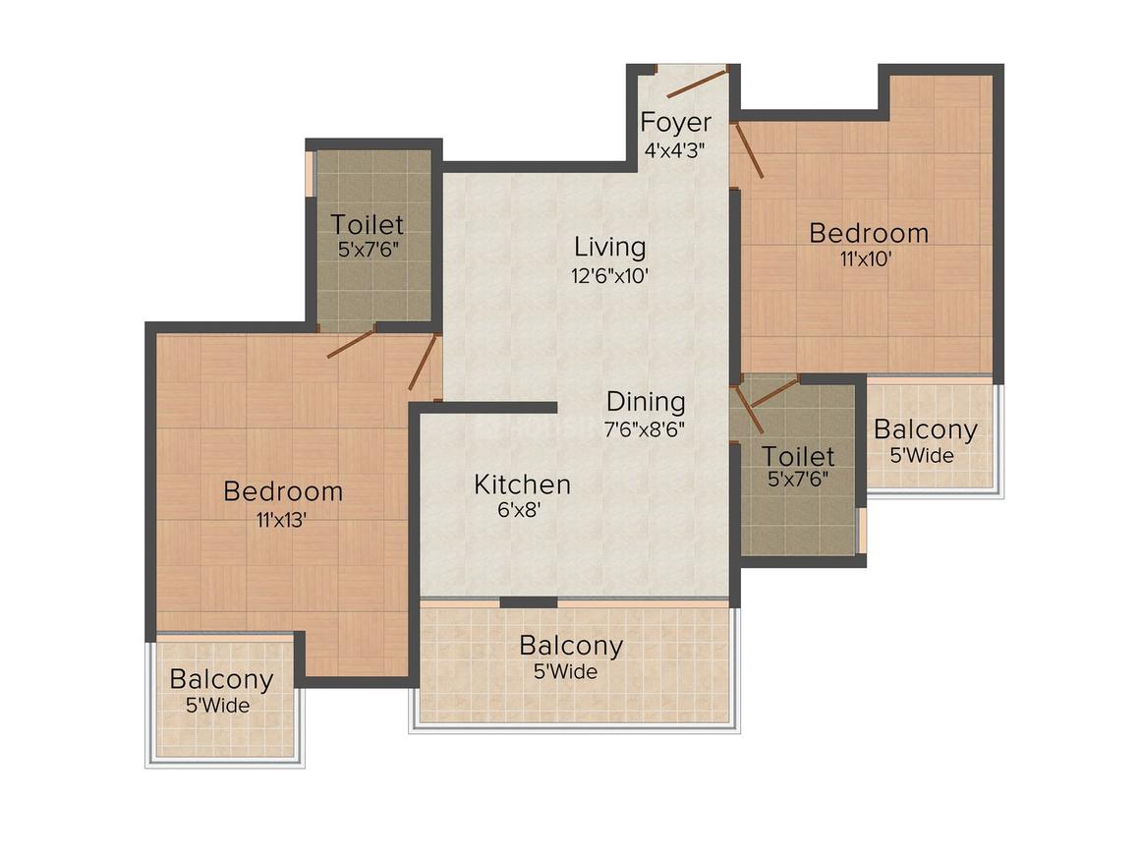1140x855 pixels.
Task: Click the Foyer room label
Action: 675,124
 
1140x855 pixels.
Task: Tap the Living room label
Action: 610,247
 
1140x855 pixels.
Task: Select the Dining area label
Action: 646,402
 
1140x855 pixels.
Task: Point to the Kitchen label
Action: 522,484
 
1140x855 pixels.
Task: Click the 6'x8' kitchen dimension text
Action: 521,510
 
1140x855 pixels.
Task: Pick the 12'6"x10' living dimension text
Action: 610,276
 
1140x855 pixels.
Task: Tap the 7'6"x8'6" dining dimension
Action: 645,428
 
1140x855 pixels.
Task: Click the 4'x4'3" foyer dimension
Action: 675,150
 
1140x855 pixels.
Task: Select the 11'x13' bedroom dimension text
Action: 282,519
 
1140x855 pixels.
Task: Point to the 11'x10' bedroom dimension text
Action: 868,260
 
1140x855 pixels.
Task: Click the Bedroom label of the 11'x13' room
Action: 283,491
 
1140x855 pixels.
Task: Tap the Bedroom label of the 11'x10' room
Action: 869,234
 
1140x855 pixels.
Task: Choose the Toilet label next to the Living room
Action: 368,225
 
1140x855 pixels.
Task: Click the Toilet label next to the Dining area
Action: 798,457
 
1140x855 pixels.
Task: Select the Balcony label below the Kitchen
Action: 571,647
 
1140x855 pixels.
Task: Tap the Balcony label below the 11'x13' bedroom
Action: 221,679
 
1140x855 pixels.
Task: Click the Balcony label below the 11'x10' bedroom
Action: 925,430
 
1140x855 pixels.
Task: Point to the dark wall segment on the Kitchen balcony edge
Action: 529,601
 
